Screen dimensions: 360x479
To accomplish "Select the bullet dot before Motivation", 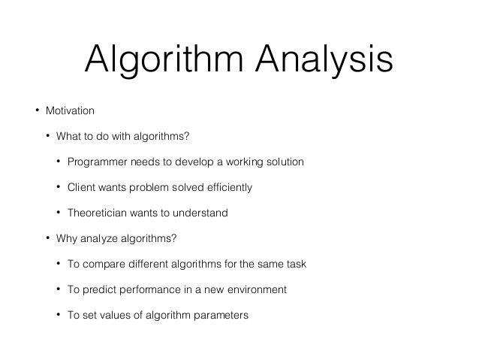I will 35,111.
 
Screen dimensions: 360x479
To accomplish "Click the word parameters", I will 218,316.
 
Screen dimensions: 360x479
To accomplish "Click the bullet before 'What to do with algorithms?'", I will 47,137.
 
